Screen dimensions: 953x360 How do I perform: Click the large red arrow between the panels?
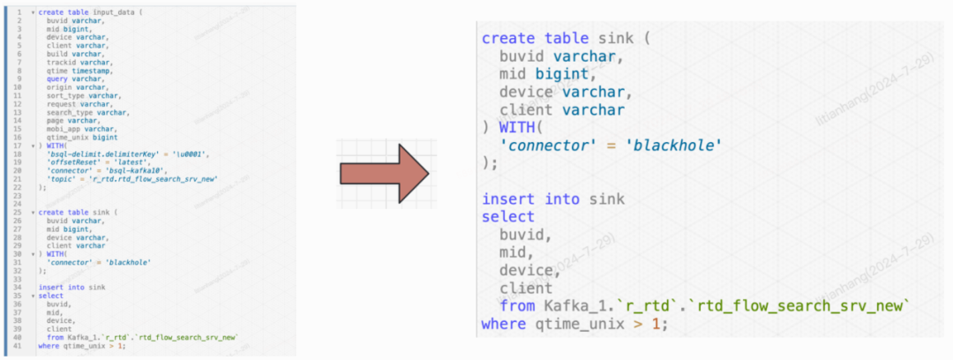[385, 173]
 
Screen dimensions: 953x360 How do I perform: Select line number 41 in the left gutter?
[19, 346]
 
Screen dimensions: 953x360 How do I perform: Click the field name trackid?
[61, 63]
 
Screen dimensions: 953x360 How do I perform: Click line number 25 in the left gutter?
[19, 213]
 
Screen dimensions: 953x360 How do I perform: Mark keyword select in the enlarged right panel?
[508, 217]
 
